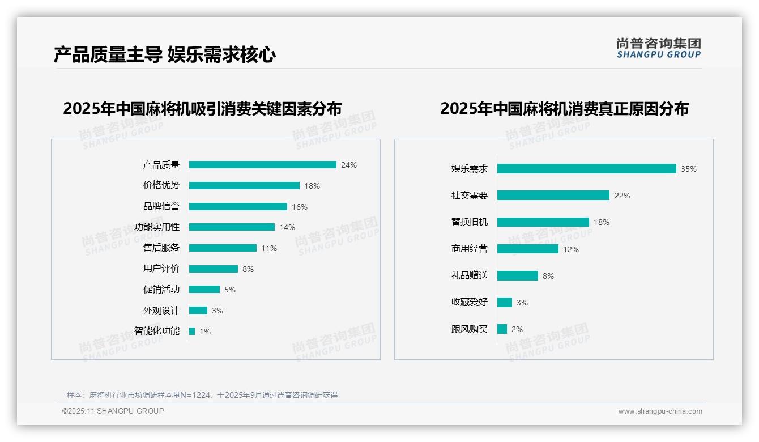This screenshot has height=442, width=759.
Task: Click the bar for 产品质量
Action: tap(262, 165)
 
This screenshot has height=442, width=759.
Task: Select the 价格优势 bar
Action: tap(244, 186)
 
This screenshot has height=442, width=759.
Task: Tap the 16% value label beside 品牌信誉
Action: tap(300, 207)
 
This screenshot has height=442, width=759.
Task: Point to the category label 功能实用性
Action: tap(157, 227)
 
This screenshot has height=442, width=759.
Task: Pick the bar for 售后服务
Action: tap(223, 248)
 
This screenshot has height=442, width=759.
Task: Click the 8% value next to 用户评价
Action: tap(248, 269)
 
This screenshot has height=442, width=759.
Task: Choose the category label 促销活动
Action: tap(161, 290)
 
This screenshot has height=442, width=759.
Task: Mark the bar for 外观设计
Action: tap(198, 311)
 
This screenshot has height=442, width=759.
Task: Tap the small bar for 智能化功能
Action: tap(192, 331)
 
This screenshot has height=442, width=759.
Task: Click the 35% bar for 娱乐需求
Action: tap(586, 169)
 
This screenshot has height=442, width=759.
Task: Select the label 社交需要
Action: tap(470, 195)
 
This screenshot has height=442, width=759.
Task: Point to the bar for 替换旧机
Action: tap(543, 222)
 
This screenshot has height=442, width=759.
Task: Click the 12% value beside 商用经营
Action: tap(571, 249)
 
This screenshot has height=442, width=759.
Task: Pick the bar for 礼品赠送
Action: tap(517, 276)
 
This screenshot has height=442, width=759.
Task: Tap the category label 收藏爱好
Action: tap(470, 303)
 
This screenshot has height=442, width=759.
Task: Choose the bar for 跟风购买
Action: tap(502, 329)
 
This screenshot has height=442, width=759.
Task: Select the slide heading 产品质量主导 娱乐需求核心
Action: tap(165, 55)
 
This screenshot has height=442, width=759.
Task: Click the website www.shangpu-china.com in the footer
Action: tap(660, 411)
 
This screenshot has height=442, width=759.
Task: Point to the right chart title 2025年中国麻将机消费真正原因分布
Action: tap(564, 109)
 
